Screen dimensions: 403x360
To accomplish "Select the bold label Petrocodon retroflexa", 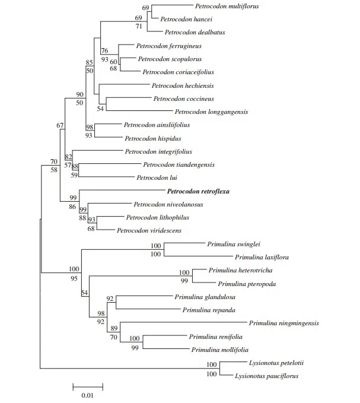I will [198, 192].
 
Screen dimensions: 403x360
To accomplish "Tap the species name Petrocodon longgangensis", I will [211, 112].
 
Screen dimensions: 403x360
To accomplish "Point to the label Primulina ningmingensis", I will [284, 323].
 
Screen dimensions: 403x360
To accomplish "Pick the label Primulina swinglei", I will [234, 244].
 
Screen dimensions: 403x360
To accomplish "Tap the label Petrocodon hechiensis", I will [182, 85].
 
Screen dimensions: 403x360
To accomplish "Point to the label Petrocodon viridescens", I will [149, 230].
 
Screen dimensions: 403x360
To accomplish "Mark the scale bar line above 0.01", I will [88, 386].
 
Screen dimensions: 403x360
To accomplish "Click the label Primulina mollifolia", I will [219, 350].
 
